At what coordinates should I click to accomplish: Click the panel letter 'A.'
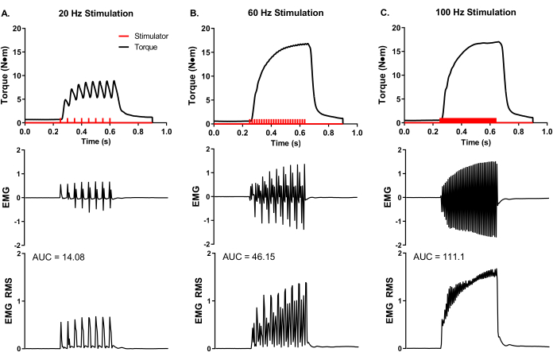(x=6, y=13)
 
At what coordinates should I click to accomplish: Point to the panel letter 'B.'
(x=195, y=13)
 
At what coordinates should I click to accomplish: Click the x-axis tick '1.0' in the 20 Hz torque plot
(x=166, y=133)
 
